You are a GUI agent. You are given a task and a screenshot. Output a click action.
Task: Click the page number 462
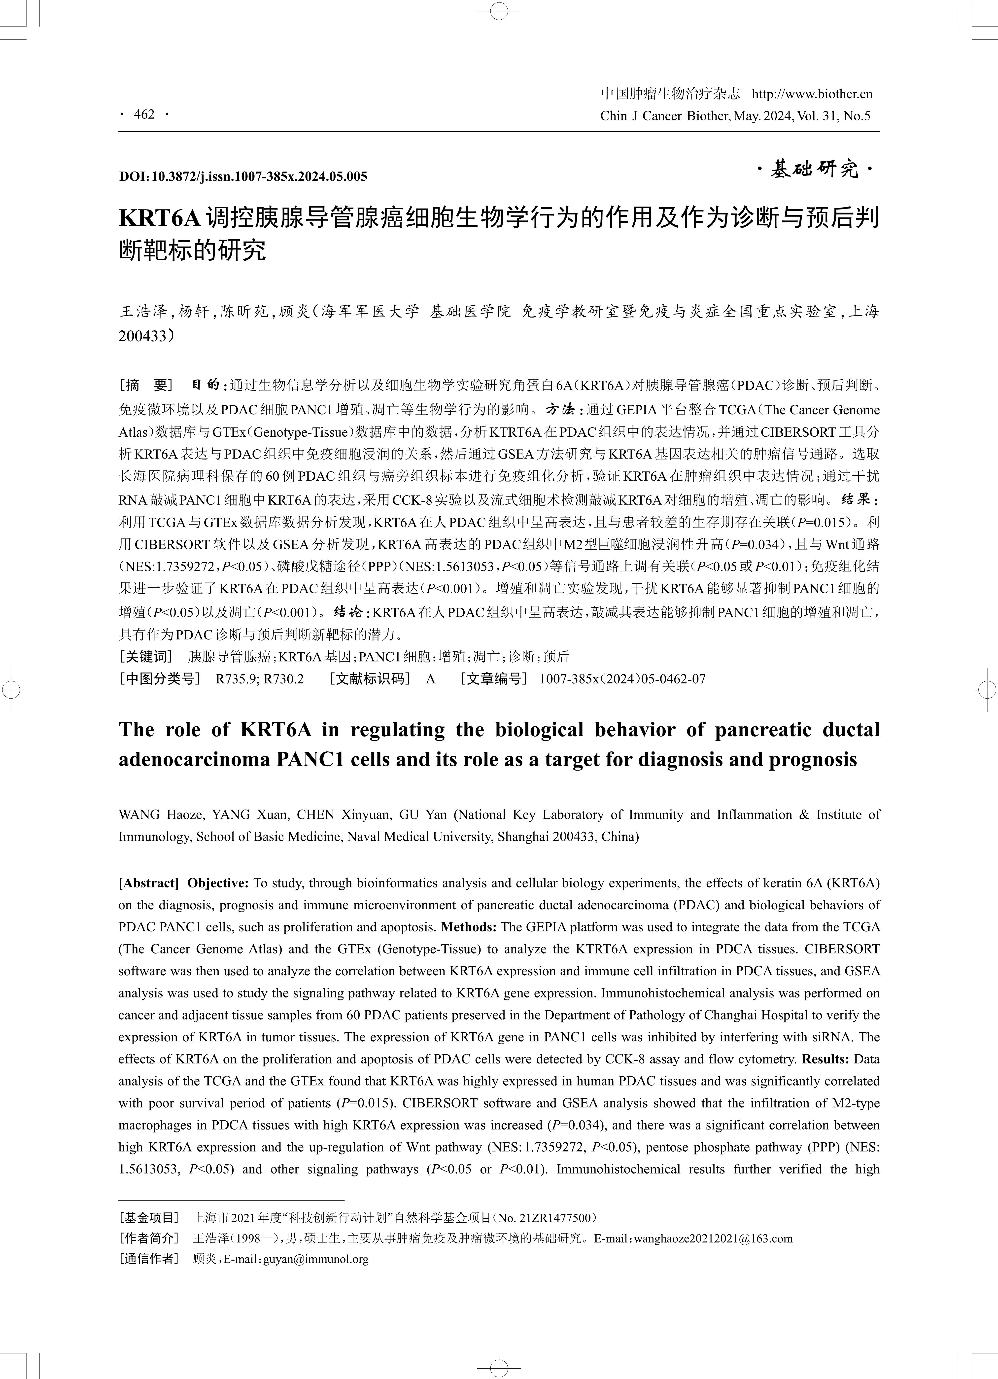[145, 114]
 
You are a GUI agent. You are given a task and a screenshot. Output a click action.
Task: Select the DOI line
[243, 177]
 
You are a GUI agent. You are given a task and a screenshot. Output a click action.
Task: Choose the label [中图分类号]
[159, 678]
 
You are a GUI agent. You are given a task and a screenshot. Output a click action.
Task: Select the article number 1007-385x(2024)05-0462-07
[622, 678]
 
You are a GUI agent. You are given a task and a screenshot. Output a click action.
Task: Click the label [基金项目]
[149, 1218]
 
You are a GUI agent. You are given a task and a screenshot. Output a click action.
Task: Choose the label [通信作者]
[149, 1259]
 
